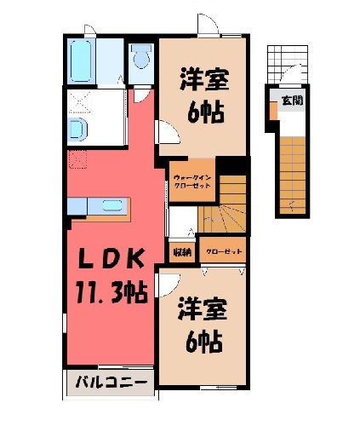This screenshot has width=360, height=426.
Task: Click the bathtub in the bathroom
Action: coord(81,60)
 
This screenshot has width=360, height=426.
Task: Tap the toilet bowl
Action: coord(141,58)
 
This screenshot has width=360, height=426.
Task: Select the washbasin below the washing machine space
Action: coord(78,130)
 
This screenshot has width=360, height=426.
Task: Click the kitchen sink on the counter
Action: coord(112,205)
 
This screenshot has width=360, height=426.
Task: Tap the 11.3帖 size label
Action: coord(111,292)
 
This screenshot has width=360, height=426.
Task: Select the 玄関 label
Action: coord(292,101)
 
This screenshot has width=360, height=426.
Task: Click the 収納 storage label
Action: coord(182,252)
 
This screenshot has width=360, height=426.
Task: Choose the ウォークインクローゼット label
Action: coord(192,181)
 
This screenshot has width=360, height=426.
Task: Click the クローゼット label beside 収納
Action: coord(224,251)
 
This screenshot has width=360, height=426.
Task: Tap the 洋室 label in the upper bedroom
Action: coord(204,79)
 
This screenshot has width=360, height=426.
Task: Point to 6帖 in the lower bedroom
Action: coord(203,341)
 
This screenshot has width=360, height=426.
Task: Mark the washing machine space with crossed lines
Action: coord(80,101)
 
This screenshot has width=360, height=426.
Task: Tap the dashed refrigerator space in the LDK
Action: coord(77,159)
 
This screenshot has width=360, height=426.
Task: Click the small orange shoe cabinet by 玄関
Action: coord(273,111)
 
